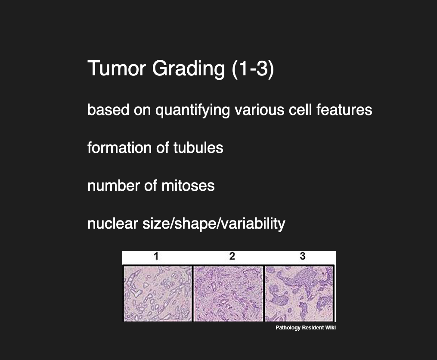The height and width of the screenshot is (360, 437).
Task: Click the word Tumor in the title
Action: pos(117,68)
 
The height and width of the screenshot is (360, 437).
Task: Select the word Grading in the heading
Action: pos(189,69)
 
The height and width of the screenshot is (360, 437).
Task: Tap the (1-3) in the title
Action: pos(253,69)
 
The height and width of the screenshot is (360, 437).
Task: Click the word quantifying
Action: pos(192,110)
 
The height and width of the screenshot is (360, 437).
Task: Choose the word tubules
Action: pos(198,148)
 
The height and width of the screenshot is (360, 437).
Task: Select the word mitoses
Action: pos(188,186)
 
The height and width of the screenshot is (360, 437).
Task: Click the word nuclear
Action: pos(113,223)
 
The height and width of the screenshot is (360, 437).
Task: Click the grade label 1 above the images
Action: pos(156,256)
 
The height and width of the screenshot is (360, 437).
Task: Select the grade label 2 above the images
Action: pos(232,256)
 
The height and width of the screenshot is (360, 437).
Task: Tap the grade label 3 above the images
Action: pos(303,256)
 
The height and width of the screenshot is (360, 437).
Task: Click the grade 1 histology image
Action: pos(158,293)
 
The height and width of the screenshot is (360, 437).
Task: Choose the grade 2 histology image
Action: pos(228,293)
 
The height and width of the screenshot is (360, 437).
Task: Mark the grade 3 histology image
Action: pos(299,293)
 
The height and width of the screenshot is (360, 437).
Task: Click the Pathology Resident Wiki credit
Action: pos(305,328)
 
